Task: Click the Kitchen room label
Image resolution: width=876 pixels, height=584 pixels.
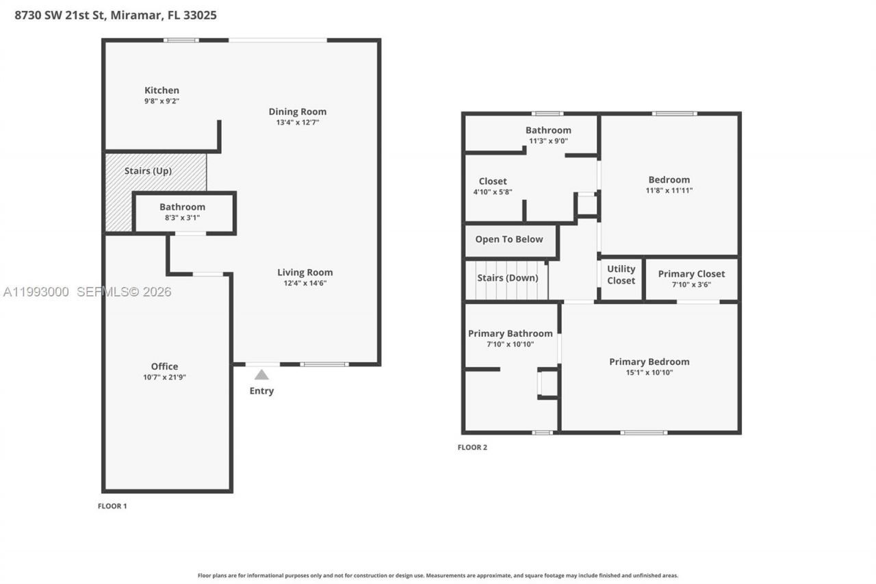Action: [162, 90]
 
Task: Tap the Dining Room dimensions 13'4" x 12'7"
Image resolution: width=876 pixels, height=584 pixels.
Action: [297, 123]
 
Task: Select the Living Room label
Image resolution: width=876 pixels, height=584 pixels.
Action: [305, 272]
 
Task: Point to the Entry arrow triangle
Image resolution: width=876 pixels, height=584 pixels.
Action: [261, 374]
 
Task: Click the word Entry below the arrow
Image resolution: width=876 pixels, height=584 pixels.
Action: [261, 391]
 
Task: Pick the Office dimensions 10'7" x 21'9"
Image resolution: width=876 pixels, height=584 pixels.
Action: [164, 377]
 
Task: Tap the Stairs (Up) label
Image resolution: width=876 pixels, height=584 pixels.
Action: [148, 170]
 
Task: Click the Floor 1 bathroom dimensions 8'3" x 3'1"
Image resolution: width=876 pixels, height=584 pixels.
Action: [182, 218]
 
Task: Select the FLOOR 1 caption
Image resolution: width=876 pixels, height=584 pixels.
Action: [112, 506]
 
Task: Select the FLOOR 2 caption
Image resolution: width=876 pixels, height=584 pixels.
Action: [472, 448]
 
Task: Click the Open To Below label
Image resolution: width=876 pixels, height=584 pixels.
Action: [509, 239]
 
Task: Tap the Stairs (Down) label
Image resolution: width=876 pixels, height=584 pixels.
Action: [507, 278]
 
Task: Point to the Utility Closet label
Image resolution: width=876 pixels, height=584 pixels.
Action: [621, 275]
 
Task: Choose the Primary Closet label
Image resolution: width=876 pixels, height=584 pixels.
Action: [691, 274]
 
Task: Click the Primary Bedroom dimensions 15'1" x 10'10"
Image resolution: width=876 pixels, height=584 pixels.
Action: [649, 372]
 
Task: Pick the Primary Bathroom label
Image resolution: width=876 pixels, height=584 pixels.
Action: [510, 333]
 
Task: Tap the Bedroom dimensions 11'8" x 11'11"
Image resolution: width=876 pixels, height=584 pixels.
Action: [669, 190]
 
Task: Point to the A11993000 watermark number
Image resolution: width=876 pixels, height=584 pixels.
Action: [36, 292]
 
